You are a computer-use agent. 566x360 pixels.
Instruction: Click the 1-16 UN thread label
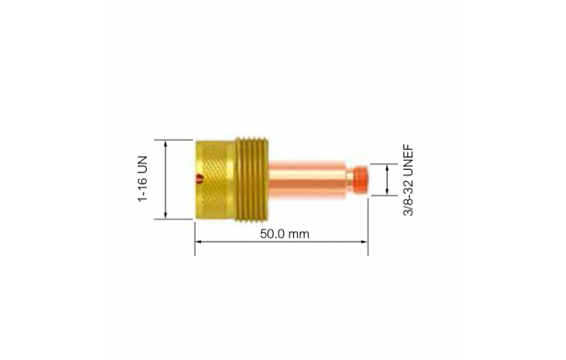coord(143,179)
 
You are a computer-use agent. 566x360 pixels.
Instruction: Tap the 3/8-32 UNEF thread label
coord(408,180)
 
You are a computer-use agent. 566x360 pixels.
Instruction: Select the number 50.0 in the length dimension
coord(272,234)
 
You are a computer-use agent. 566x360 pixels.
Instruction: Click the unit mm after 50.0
coord(299,234)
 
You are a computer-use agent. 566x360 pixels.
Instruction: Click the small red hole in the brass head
coord(198,178)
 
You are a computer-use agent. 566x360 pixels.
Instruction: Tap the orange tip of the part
coord(361,180)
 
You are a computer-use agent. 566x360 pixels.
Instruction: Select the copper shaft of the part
coord(307,180)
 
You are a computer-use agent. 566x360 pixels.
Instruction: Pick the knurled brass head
coord(215,179)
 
